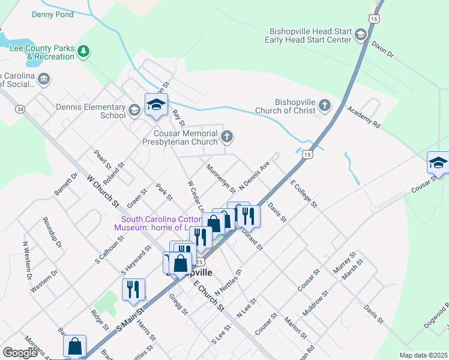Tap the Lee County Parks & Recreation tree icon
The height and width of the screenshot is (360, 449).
tap(83, 52)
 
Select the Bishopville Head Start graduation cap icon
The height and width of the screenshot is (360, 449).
tap(361, 35)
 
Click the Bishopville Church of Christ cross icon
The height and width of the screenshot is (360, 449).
tap(324, 106)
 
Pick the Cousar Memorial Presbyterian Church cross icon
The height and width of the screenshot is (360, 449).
tap(226, 137)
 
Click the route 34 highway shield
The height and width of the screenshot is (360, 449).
tap(20, 109)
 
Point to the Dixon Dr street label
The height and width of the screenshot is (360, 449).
tap(382, 49)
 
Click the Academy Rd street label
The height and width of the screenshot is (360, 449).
tap(364, 117)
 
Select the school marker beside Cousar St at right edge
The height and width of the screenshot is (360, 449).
tap(438, 163)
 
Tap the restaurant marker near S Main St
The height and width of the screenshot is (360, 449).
tap(133, 289)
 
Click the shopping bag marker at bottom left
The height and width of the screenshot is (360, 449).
tap(74, 346)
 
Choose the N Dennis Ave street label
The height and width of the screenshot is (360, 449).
tap(255, 176)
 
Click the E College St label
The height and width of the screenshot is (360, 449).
tap(303, 194)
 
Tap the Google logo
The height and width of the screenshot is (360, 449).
tap(20, 353)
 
